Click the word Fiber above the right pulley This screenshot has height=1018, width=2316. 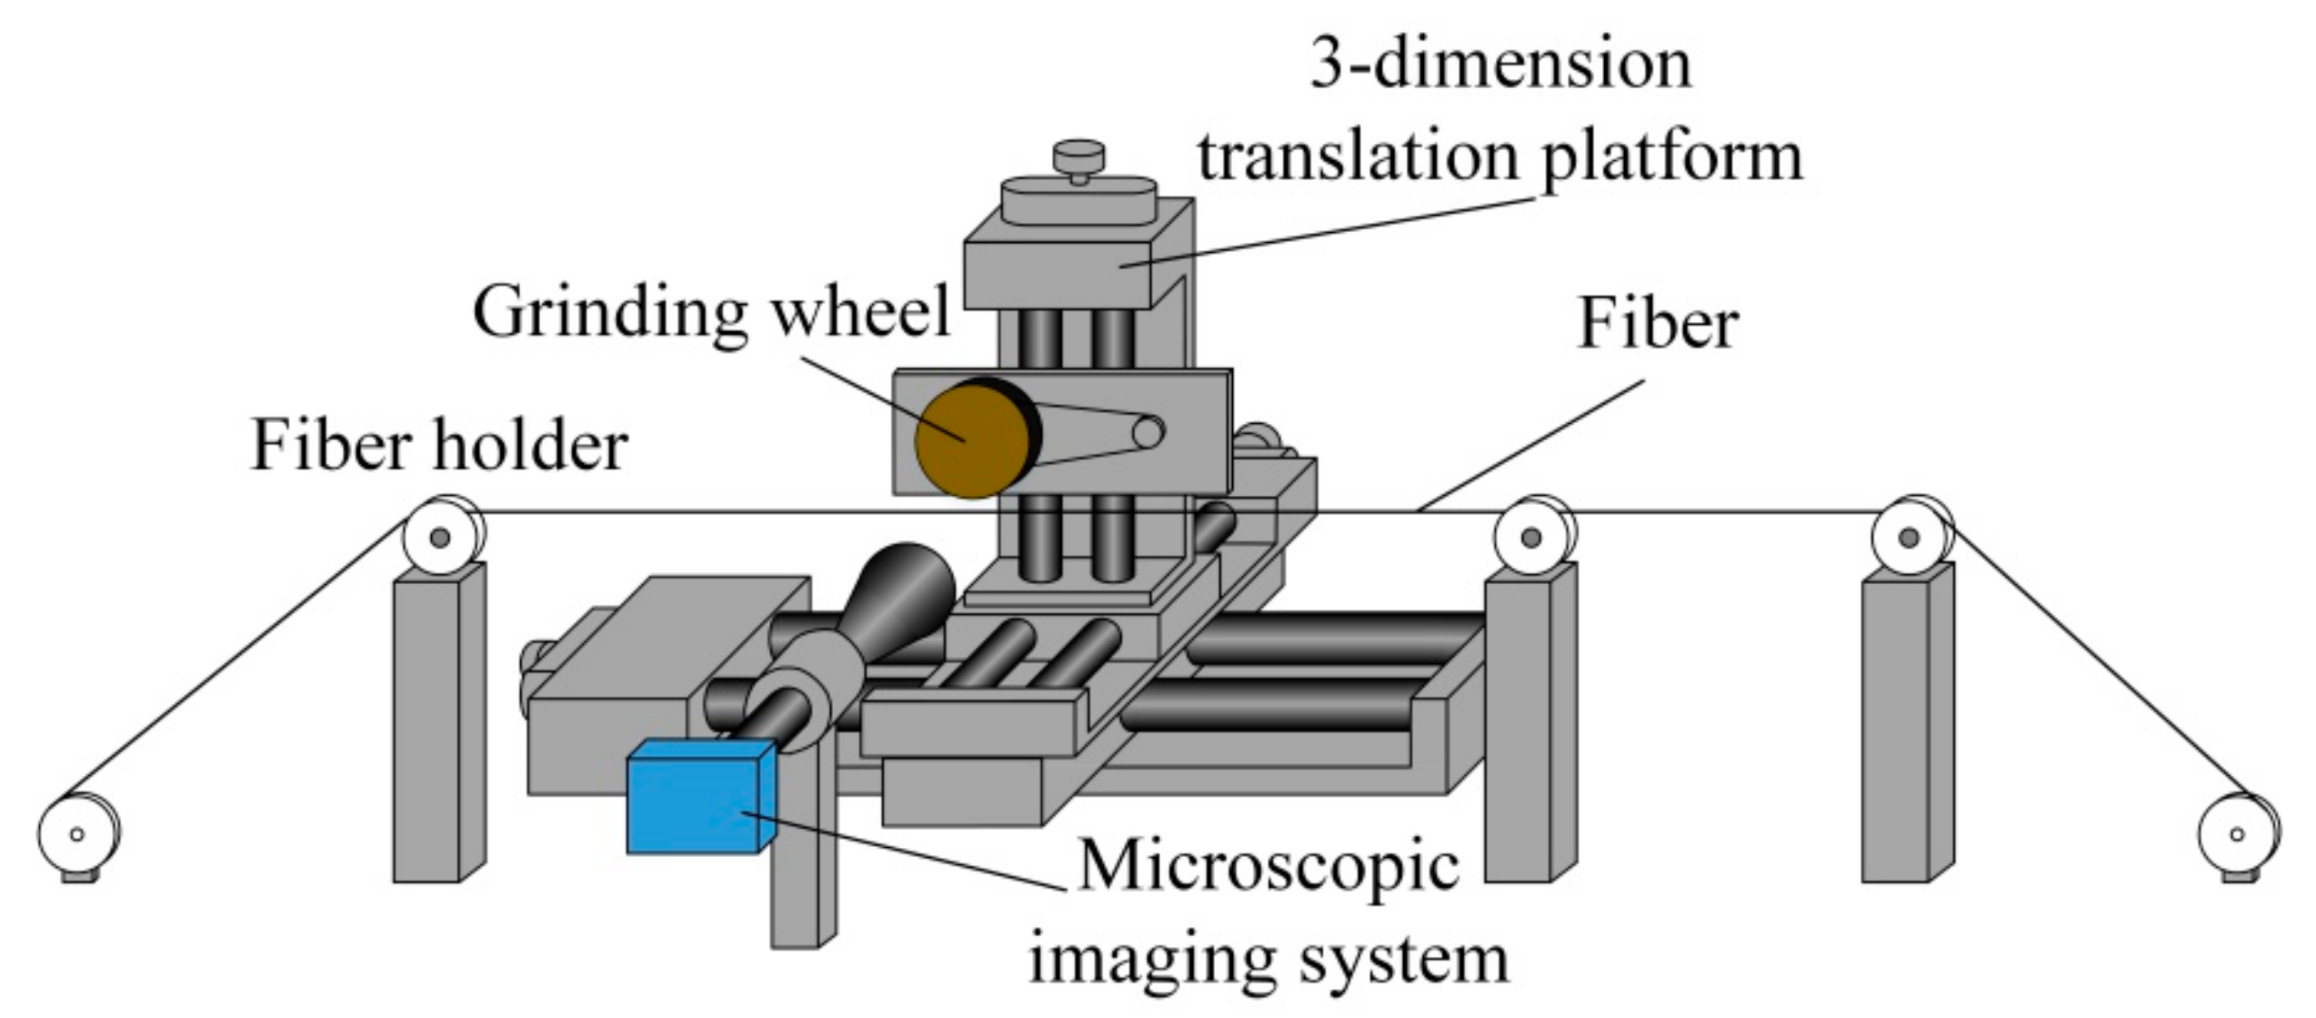coord(1658,324)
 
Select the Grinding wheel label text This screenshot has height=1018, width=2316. coord(711,312)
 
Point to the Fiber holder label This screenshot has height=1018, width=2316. coord(439,446)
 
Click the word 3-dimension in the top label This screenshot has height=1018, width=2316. coord(1500,66)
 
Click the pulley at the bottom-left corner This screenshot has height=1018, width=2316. coord(77,833)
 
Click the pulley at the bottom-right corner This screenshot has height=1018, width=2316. coord(2238,833)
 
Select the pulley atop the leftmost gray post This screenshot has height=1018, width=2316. coord(441,537)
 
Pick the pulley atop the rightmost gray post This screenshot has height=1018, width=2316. coord(1910,537)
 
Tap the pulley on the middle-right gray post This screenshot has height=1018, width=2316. coord(1531,537)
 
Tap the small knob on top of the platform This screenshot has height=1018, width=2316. coord(1078,156)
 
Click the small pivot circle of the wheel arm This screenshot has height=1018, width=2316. coord(1148,433)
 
